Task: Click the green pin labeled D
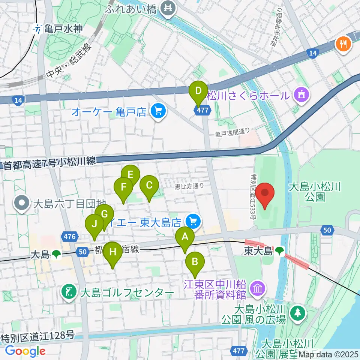(x=198, y=91)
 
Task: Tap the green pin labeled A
(x=184, y=237)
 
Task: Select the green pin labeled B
(x=195, y=262)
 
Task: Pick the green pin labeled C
(x=149, y=185)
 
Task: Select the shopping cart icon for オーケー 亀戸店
(x=157, y=111)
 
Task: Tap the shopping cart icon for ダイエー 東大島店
(x=193, y=221)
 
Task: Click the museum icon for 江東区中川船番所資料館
(x=258, y=288)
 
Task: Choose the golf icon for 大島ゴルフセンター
(x=69, y=292)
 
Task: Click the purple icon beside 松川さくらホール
(x=301, y=96)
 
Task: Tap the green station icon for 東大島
(x=279, y=250)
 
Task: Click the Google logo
(x=25, y=351)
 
